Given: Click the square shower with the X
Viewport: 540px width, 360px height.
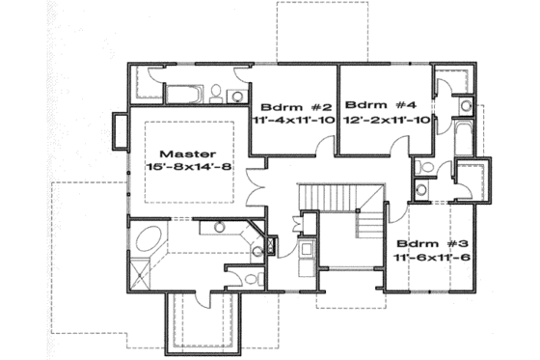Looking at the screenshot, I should (x=143, y=277).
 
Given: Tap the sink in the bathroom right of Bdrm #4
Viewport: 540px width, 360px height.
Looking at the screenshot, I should (x=463, y=101).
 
